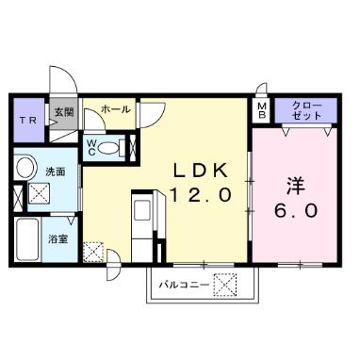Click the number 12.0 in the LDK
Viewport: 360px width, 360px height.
point(200,196)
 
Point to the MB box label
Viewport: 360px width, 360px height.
point(261,111)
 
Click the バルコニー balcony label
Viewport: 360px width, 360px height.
point(183,283)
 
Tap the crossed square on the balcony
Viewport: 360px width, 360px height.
point(225,283)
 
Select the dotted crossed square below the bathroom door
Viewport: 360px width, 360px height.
point(94,253)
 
